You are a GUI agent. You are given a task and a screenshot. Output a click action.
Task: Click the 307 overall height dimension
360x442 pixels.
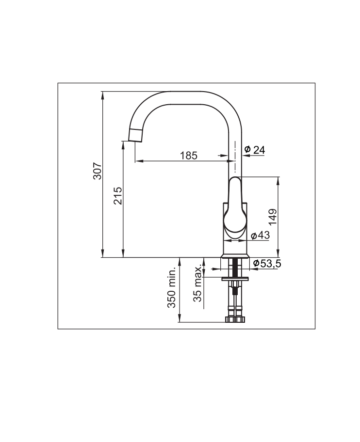(x=98, y=171)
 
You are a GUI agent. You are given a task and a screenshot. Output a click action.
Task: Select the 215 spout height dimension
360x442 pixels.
(x=117, y=195)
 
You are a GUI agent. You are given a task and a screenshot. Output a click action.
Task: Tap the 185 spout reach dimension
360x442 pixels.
(x=189, y=155)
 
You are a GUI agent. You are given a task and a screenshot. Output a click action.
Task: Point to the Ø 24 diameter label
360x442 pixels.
(x=255, y=150)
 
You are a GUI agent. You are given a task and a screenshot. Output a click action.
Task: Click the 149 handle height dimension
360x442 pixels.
(x=273, y=217)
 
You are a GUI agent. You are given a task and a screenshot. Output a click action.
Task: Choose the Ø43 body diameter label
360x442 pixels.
(x=260, y=235)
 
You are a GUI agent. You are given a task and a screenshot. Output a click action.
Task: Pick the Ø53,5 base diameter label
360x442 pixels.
(x=267, y=264)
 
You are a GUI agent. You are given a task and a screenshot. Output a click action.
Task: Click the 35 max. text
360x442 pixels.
(x=198, y=284)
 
